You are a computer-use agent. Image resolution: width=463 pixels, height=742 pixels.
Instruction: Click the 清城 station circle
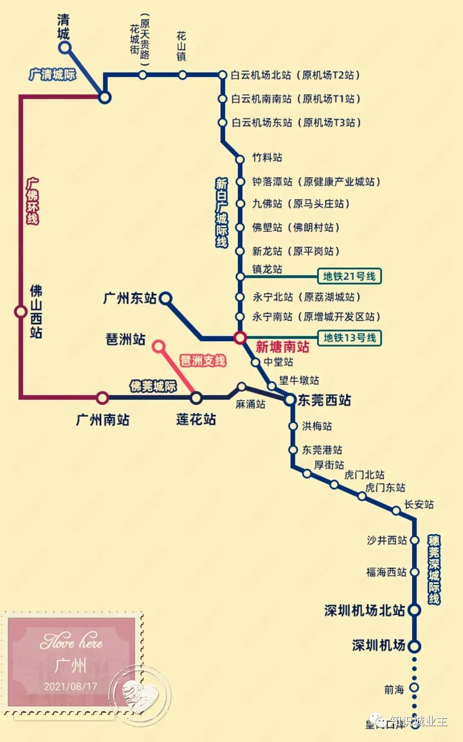point(65,47)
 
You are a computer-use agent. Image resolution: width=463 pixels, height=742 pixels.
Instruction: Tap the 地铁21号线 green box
point(349,276)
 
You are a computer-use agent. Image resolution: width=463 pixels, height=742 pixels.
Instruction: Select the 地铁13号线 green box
point(349,338)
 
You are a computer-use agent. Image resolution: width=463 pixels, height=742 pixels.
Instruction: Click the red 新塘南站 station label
point(282,347)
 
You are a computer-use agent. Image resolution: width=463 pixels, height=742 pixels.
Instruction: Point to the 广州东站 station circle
point(165,298)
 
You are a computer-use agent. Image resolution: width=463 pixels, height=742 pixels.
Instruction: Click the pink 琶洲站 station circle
point(159,346)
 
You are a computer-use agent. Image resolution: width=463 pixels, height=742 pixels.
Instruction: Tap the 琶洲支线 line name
point(203,360)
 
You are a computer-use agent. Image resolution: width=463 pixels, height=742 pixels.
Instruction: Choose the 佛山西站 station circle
point(21,311)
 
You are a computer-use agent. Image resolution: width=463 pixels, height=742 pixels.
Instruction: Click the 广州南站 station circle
point(102,398)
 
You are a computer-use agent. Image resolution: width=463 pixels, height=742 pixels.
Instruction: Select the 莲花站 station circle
point(196,398)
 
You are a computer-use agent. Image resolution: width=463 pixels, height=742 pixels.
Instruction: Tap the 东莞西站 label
point(324,400)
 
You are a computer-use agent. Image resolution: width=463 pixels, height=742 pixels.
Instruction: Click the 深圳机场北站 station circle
point(414,610)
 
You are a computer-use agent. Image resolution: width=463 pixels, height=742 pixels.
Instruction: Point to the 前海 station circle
point(414,687)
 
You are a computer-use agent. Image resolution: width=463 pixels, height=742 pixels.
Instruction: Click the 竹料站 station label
point(267,157)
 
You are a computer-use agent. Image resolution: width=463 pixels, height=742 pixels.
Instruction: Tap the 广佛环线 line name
point(33,201)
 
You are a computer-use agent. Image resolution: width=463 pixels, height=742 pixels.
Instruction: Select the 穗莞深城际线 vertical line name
point(434,569)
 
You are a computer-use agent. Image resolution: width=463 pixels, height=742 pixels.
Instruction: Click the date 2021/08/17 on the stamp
point(70,686)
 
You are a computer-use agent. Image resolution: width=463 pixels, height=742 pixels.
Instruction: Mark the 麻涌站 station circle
point(242,387)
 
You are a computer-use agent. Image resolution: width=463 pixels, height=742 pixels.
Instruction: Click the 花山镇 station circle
point(182,75)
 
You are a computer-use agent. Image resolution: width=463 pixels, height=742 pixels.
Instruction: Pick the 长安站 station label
point(419,504)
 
